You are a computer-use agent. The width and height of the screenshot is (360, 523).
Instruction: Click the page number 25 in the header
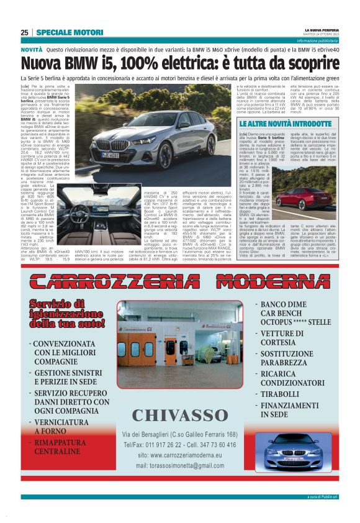click(x=24, y=32)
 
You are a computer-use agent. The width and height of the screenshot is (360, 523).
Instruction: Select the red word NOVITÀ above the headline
click(x=32, y=48)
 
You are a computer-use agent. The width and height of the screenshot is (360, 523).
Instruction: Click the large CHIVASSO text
click(x=180, y=415)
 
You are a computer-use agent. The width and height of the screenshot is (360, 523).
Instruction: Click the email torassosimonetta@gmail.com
click(x=180, y=466)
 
